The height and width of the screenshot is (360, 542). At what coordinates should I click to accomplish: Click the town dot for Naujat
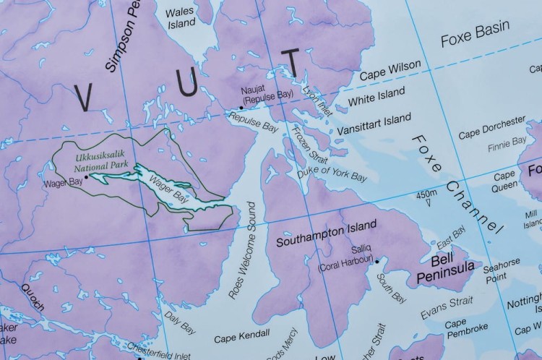click(241, 108)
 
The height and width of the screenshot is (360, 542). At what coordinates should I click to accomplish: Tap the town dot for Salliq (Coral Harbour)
click(377, 261)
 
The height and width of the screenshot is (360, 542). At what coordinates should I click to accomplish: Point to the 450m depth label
click(427, 194)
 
